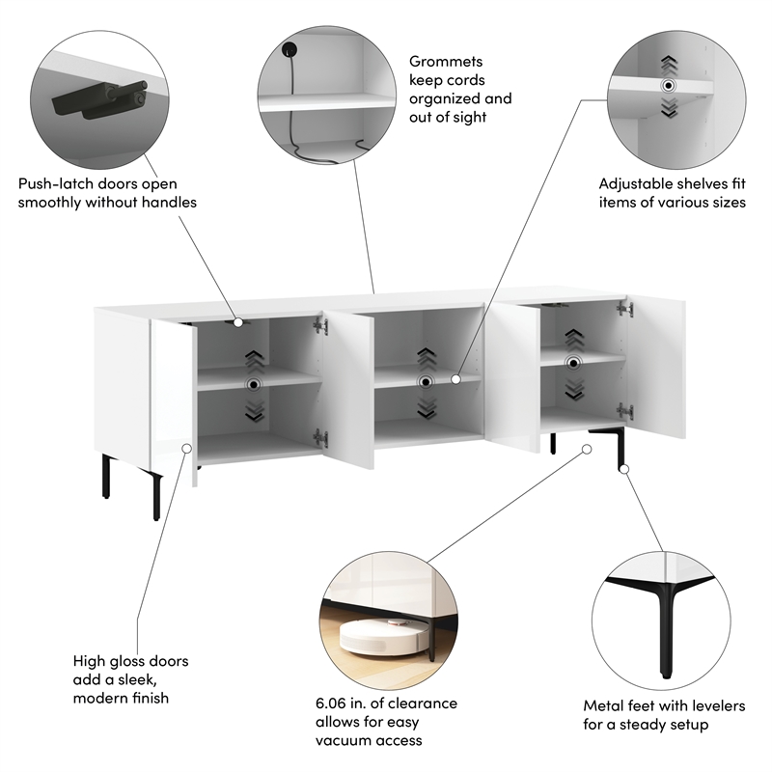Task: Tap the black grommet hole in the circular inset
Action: coord(289,49)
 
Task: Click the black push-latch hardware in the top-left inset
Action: coord(100,100)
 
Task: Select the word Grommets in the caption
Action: coord(446,62)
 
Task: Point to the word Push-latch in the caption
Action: coord(56,183)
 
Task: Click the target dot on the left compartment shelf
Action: coord(254,384)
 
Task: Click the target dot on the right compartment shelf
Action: coord(573,364)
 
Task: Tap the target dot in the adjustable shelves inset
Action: coord(668,86)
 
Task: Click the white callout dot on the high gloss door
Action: coord(187,448)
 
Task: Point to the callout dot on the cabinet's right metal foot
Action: coord(624,469)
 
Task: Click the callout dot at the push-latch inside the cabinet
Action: coord(238,322)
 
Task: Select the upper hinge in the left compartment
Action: coord(320,325)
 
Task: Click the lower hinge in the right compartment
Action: coord(624,410)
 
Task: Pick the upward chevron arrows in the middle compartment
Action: coord(427,359)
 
